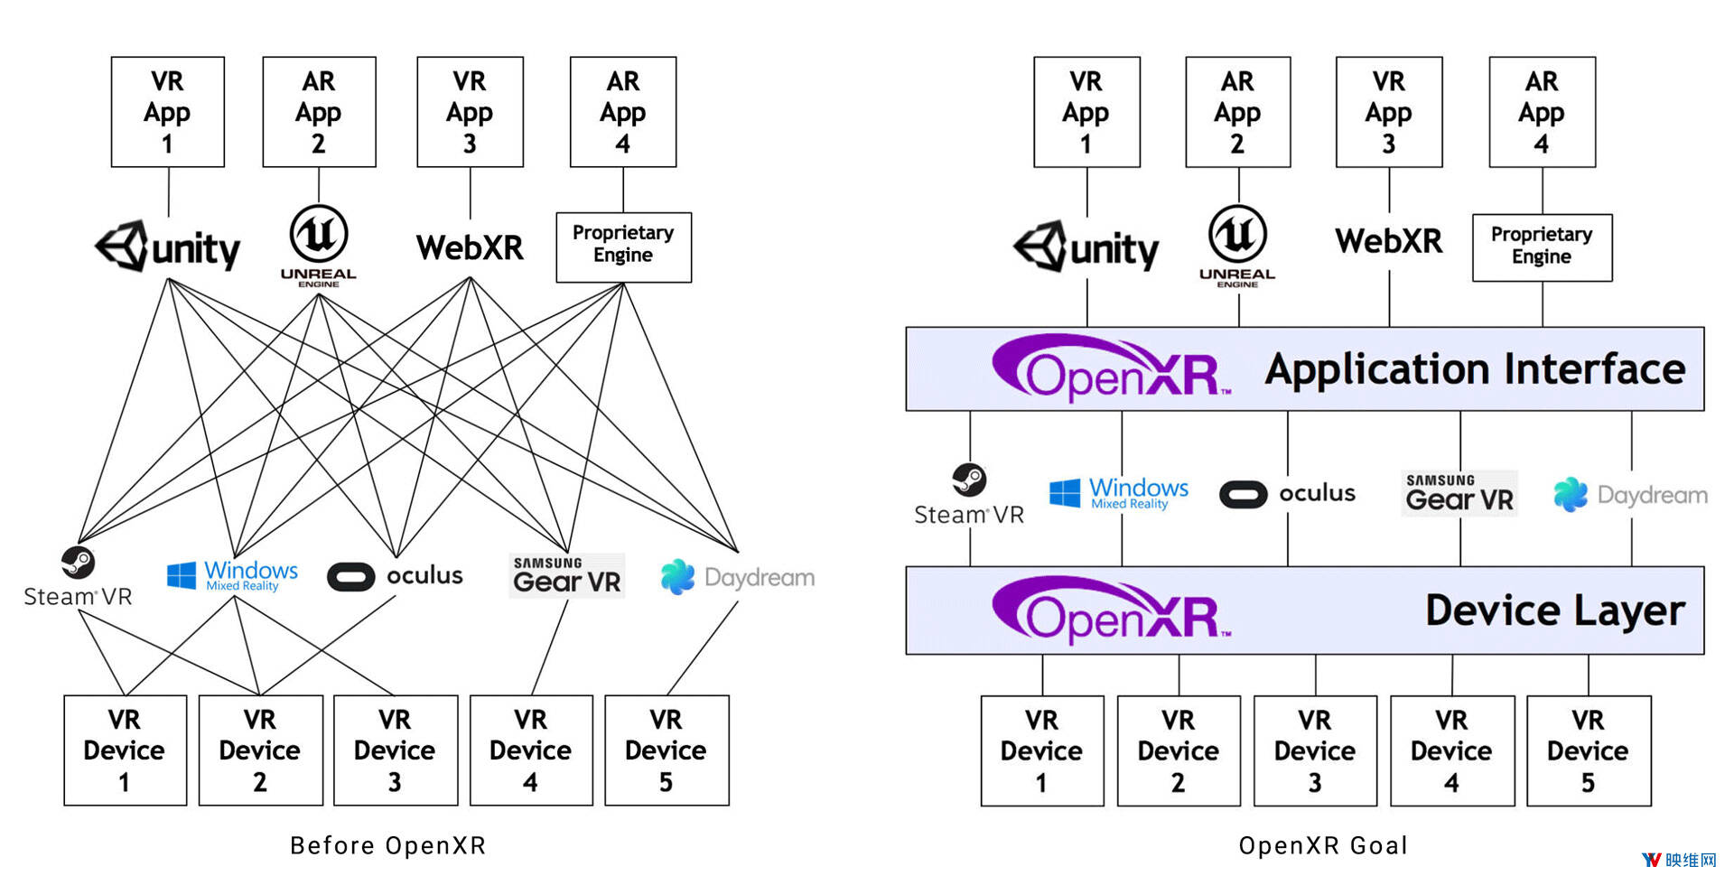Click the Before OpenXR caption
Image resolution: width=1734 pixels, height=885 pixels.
[x=388, y=845]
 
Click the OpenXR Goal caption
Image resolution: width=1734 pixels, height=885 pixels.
[x=1323, y=845]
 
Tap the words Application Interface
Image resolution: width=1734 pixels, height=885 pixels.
[x=1475, y=369]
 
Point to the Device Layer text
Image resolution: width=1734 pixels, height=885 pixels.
[x=1554, y=610]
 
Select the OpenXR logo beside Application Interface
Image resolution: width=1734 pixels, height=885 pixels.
[x=1111, y=368]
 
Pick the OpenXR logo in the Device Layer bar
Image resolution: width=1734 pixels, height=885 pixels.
[x=1111, y=610]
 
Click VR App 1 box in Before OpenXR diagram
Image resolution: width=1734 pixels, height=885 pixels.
[x=168, y=112]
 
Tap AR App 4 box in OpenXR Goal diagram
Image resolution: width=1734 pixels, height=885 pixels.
[x=1542, y=112]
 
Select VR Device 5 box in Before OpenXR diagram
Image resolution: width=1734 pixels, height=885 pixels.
[x=667, y=750]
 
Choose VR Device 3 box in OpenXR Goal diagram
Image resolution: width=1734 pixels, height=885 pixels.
[x=1315, y=750]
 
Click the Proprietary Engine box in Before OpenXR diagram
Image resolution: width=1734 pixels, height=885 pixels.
[x=623, y=247]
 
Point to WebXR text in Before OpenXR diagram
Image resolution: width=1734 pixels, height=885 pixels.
[x=470, y=247]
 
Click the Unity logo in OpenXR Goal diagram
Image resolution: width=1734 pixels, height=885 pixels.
[x=1086, y=247]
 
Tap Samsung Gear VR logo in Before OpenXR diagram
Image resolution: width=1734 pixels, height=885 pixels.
[x=566, y=575]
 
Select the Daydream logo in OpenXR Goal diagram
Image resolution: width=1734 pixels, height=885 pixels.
[x=1630, y=495]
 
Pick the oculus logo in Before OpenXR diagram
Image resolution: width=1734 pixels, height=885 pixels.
[x=396, y=576]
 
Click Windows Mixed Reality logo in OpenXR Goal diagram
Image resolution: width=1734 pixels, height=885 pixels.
[x=1119, y=493]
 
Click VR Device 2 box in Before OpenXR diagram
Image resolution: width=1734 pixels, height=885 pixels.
[x=260, y=750]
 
